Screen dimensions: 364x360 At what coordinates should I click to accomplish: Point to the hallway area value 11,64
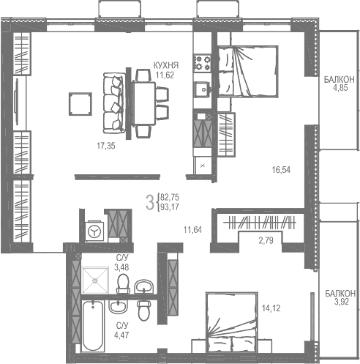click(192, 229)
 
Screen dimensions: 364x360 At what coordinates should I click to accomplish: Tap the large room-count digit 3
click(149, 202)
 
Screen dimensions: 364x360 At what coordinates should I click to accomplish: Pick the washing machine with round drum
click(94, 230)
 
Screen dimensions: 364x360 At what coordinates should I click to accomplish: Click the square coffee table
click(78, 103)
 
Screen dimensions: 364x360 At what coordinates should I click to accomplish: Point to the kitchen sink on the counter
click(200, 90)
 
